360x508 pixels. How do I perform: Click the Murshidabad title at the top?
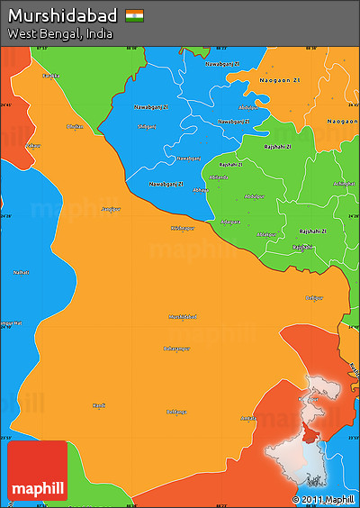pyautogui.click(x=62, y=15)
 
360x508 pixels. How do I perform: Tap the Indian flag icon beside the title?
pyautogui.click(x=134, y=15)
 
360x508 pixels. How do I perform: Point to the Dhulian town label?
pyautogui.click(x=75, y=126)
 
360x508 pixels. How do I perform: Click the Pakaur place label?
pyautogui.click(x=33, y=145)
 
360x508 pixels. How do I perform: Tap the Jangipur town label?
pyautogui.click(x=111, y=208)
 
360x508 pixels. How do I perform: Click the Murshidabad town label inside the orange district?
pyautogui.click(x=182, y=316)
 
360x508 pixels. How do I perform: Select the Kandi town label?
pyautogui.click(x=99, y=405)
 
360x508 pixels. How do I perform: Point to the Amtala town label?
pyautogui.click(x=248, y=417)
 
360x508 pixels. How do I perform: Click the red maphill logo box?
pyautogui.click(x=37, y=471)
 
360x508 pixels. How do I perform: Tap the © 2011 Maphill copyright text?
pyautogui.click(x=323, y=499)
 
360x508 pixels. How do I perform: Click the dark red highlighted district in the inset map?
pyautogui.click(x=310, y=435)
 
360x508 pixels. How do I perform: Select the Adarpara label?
pyautogui.click(x=230, y=221)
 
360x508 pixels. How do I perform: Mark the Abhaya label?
pyautogui.click(x=201, y=190)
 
